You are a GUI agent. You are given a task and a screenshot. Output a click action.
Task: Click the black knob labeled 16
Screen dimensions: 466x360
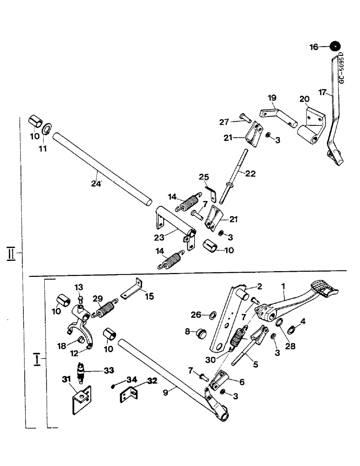click(334, 46)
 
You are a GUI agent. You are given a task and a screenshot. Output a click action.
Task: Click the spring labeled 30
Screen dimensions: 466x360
click(239, 337)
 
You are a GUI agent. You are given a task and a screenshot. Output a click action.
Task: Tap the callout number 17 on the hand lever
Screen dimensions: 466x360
click(321, 93)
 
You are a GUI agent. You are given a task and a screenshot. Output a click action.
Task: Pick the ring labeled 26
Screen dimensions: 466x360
click(210, 315)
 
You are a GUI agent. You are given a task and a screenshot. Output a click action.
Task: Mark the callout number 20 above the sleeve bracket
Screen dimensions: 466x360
click(304, 99)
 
